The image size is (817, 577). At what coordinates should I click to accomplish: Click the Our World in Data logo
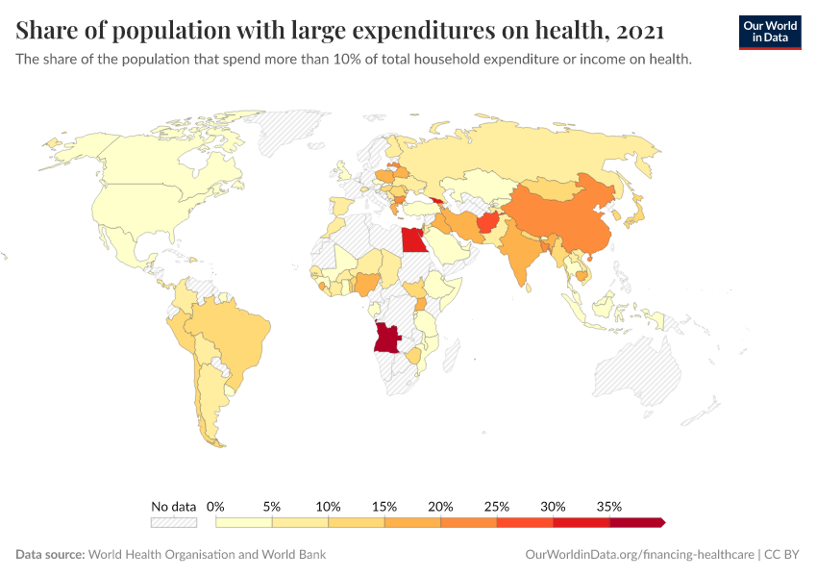pyautogui.click(x=770, y=32)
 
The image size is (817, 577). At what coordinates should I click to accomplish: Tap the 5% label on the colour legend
pyautogui.click(x=272, y=506)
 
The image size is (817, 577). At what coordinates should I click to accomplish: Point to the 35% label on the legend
pyautogui.click(x=609, y=506)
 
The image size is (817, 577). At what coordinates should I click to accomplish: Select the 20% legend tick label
pyautogui.click(x=441, y=506)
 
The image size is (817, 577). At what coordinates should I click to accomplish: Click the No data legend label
pyautogui.click(x=173, y=506)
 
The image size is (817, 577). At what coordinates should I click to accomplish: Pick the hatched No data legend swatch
pyautogui.click(x=173, y=522)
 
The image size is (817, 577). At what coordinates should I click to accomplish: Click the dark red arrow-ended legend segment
pyautogui.click(x=637, y=522)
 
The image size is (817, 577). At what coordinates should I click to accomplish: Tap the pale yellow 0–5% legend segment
pyautogui.click(x=244, y=522)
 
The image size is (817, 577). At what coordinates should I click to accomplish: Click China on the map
pyautogui.click(x=557, y=216)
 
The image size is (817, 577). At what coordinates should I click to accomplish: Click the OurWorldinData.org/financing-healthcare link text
pyautogui.click(x=640, y=555)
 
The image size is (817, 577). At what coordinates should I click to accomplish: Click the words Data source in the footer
pyautogui.click(x=50, y=555)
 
